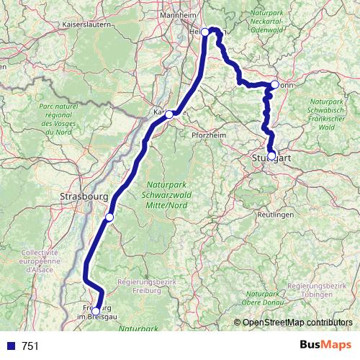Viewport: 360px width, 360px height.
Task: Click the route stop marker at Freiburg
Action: (96, 311)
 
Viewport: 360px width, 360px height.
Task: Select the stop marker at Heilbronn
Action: (274, 85)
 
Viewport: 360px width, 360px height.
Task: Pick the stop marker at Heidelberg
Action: (205, 32)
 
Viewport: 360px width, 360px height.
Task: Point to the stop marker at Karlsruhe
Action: (168, 114)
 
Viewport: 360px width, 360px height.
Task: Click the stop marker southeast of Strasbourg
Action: (109, 217)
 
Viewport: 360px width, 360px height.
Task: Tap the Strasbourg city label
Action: (84, 195)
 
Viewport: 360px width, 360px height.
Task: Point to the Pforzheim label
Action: (210, 134)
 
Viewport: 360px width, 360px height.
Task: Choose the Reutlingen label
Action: (276, 215)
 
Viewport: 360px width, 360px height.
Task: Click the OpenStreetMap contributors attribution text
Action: (297, 322)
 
